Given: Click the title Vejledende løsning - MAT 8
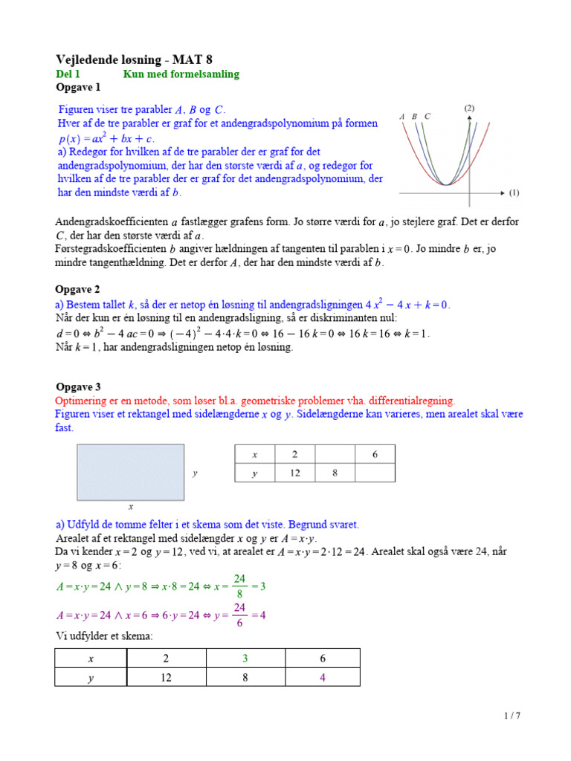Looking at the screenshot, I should point(139,59).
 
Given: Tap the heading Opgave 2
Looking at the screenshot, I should point(77,289).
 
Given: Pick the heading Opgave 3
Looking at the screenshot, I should point(78,386).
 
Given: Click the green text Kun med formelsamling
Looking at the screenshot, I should point(181,74).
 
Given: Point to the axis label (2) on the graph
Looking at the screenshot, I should point(469,108).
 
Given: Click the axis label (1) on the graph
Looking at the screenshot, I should point(514,193).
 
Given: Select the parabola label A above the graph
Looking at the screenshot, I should point(401,117).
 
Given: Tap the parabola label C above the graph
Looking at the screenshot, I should point(428,117).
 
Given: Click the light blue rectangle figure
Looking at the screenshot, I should point(130,473).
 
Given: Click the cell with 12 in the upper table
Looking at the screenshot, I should point(294,473).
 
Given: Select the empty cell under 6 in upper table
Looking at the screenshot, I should point(374,473).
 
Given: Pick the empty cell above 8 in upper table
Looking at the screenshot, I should point(334,454).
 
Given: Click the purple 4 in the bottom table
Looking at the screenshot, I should point(323,677).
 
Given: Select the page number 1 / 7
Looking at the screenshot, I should point(512,716).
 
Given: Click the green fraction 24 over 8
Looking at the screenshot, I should point(239,586).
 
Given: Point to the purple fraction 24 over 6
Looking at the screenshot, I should point(239,615).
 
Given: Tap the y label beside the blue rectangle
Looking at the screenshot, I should point(195,473).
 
